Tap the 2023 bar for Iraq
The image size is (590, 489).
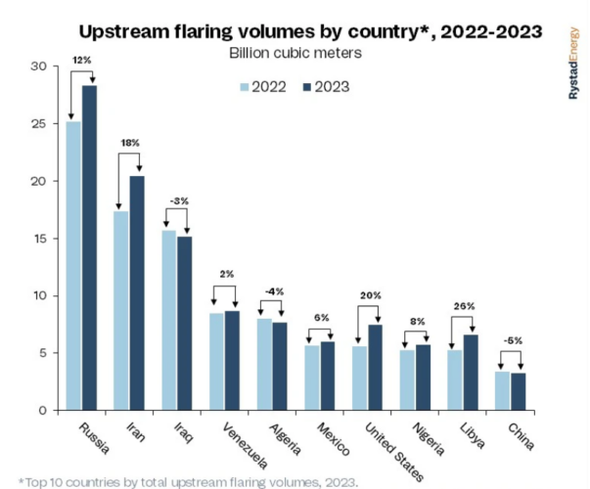(185, 323)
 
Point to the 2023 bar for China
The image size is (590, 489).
(519, 391)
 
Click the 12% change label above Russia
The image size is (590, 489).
(81, 60)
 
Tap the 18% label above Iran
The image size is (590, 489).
(129, 143)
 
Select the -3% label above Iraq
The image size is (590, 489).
(177, 200)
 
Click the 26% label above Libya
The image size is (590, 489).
(464, 306)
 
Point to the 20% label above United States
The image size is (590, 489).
(368, 294)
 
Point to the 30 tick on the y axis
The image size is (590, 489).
(38, 67)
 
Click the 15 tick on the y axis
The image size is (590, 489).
(38, 239)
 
